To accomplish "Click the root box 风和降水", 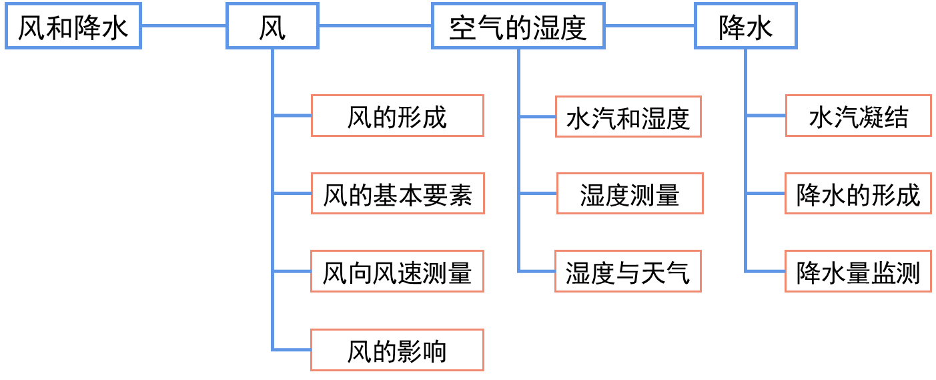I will [x=73, y=27].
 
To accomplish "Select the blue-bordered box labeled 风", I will [x=272, y=27].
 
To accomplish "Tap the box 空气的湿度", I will [x=518, y=27].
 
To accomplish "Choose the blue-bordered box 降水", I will [x=745, y=27].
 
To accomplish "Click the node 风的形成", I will [x=397, y=116].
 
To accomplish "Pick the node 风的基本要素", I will [x=397, y=194].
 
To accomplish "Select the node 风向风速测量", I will [x=397, y=272].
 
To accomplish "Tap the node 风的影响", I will [x=397, y=351].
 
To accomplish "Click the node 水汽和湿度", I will [x=628, y=118].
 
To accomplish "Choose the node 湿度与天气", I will [x=628, y=272].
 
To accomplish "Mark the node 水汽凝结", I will [x=858, y=116].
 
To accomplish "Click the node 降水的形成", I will [x=858, y=194].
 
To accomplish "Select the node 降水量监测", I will [x=858, y=272].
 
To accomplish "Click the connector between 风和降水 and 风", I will [x=183, y=26].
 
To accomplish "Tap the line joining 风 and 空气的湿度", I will [x=375, y=26].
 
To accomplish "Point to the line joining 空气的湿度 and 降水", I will [x=650, y=26].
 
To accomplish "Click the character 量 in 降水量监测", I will [x=858, y=272].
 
